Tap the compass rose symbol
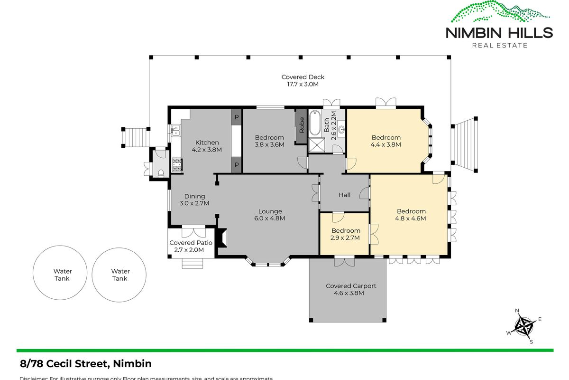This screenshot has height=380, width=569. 524,326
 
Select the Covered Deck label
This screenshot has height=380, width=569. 303,80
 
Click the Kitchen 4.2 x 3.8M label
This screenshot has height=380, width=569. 207,146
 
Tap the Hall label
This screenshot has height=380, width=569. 344,195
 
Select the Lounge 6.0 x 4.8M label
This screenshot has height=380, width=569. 270,215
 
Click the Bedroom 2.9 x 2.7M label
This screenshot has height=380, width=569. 346,234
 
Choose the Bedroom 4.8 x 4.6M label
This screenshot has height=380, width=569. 411,215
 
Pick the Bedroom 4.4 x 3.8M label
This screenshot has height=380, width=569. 386,141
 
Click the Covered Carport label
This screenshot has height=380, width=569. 351,289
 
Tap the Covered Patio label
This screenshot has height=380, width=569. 191,246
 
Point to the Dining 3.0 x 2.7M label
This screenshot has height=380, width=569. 194,199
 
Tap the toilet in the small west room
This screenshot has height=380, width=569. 161,173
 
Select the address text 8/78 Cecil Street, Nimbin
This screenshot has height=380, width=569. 86,364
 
